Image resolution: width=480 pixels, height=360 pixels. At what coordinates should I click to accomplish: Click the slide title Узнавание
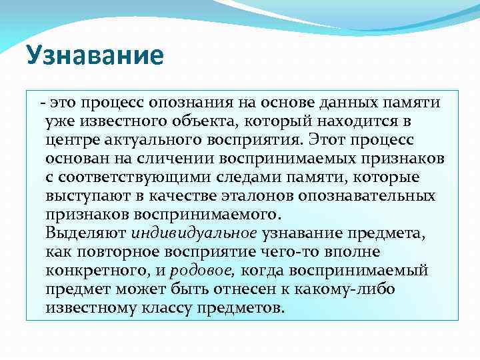pyautogui.click(x=95, y=56)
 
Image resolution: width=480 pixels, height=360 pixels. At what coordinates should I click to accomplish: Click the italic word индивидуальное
pyautogui.click(x=194, y=234)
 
